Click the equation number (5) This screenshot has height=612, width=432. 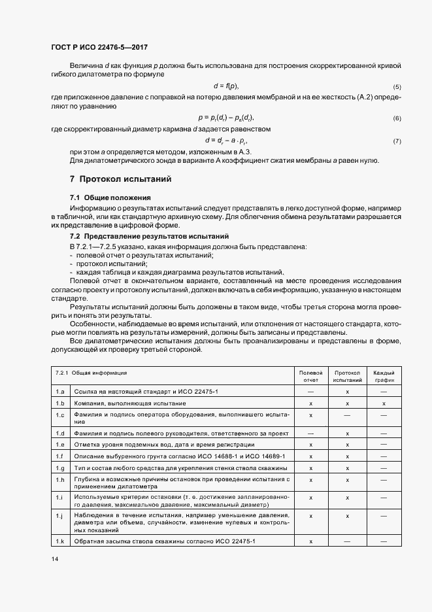(x=397, y=87)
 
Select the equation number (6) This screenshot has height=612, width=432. (x=397, y=118)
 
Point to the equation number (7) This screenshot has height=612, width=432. (x=397, y=141)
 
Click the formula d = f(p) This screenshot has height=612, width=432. (x=226, y=86)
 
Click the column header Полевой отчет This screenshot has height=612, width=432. (x=310, y=376)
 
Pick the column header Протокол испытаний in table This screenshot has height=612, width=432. (x=347, y=376)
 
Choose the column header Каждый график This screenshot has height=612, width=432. (x=384, y=376)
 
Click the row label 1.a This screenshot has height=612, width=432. (x=60, y=391)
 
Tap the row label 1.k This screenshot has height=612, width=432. (x=60, y=542)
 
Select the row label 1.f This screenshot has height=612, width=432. (x=60, y=455)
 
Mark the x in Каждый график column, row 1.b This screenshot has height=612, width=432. (x=384, y=403)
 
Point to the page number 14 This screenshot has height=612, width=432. (x=54, y=559)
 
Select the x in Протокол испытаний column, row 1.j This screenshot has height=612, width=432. (x=347, y=516)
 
